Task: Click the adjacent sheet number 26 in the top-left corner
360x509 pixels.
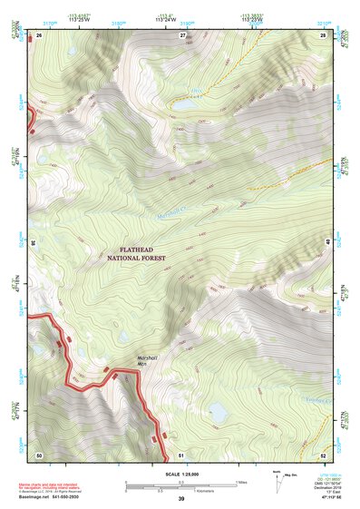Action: click(x=39, y=34)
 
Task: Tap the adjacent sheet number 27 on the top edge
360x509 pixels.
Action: click(x=181, y=34)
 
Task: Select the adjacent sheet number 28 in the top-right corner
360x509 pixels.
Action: click(x=323, y=34)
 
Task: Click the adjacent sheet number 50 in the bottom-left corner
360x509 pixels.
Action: click(x=39, y=454)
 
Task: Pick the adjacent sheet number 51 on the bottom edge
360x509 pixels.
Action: click(x=181, y=454)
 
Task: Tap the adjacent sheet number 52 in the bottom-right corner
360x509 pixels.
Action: click(x=323, y=454)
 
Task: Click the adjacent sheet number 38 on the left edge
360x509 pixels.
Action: click(x=34, y=243)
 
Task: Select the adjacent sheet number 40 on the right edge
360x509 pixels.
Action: click(x=327, y=243)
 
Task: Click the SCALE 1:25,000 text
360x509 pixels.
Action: click(x=180, y=473)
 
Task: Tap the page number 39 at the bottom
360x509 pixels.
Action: click(x=180, y=500)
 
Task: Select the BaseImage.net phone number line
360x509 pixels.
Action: click(x=52, y=496)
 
